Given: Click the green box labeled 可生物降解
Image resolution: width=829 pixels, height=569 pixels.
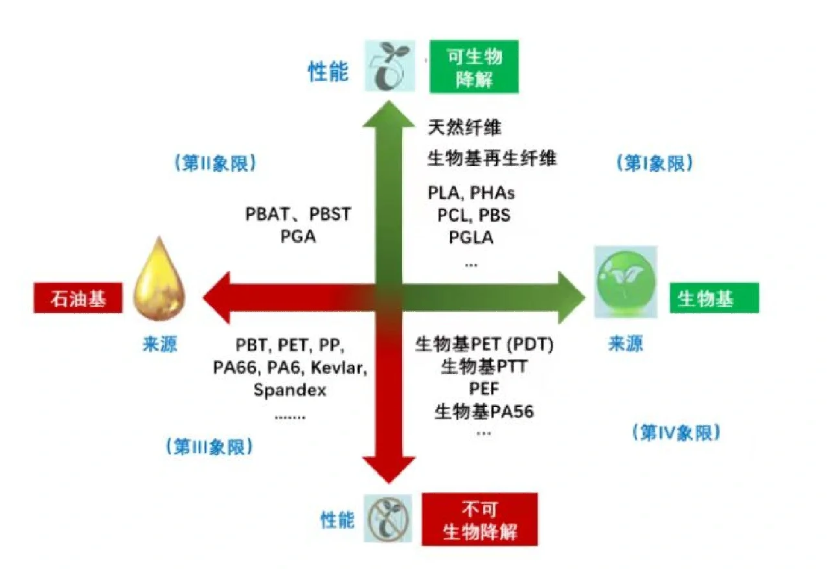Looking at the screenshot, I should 475,67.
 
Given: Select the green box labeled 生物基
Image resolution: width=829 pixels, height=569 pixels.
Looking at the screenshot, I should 714,299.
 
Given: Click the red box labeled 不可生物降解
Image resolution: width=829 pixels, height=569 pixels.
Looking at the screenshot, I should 479,520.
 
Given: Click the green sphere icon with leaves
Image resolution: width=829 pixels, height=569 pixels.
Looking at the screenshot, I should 626,281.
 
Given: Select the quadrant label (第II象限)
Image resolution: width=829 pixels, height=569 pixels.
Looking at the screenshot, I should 215,163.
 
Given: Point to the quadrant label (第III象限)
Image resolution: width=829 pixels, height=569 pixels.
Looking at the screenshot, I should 210,446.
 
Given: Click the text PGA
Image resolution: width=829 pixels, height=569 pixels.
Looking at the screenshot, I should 298,237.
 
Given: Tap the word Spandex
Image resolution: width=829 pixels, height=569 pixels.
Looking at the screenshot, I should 290,390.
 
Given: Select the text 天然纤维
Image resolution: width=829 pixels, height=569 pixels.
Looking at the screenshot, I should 464,128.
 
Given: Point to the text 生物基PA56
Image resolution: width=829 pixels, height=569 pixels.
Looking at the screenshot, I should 484,411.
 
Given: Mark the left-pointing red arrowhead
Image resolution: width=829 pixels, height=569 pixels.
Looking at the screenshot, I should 218,298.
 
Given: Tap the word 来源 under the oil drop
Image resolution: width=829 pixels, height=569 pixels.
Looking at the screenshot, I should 159,344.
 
